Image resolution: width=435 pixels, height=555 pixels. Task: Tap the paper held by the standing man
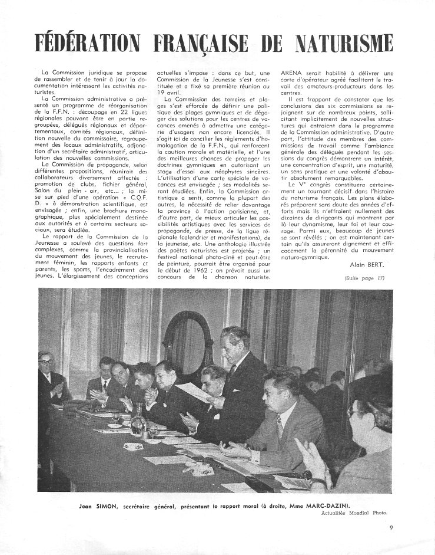194,392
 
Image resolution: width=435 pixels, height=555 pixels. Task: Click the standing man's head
231,340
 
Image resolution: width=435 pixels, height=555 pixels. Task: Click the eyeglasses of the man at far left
45,360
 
